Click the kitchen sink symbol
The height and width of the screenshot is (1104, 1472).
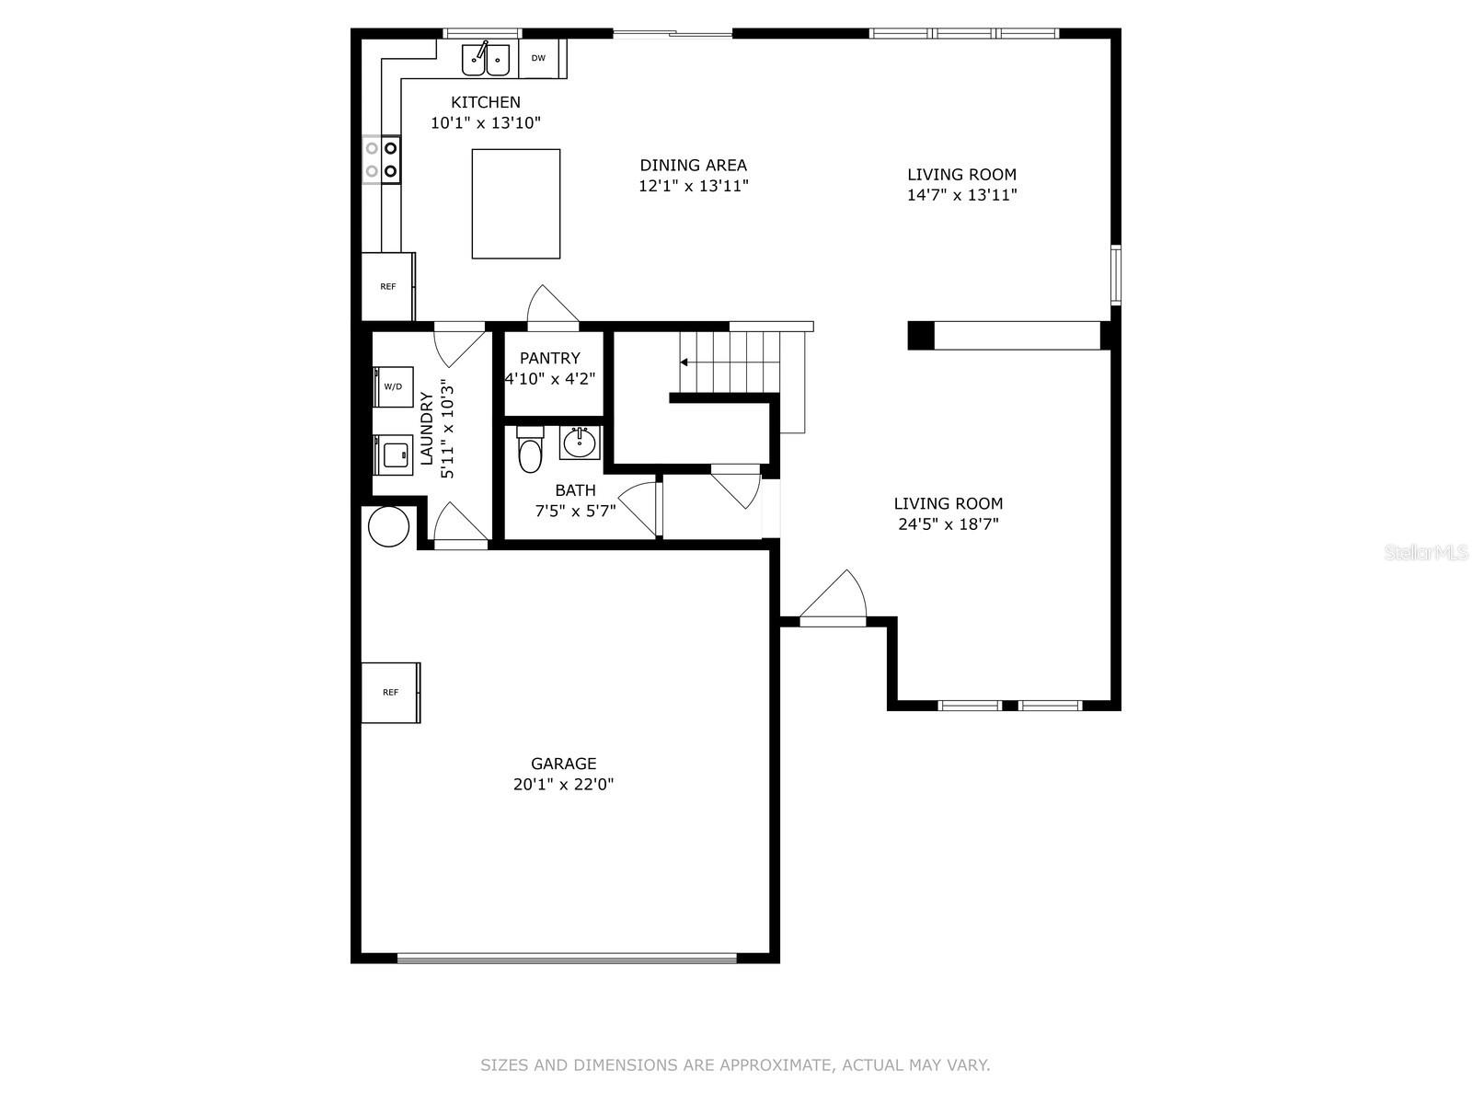486,59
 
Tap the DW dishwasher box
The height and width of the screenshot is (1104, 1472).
538,59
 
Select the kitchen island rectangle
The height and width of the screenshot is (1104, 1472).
515,203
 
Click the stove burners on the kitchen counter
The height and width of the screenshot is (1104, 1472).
381,159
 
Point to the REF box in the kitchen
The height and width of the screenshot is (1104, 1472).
388,287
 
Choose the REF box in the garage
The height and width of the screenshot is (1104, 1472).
390,692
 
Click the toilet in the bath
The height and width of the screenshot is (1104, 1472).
530,451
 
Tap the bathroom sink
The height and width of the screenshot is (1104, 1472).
580,443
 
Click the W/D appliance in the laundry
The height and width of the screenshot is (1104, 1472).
393,387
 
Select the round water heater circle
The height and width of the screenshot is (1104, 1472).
388,527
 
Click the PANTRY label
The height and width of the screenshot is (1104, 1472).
550,358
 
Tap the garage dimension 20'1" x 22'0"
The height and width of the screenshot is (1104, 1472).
563,785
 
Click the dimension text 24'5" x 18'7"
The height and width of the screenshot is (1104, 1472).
949,524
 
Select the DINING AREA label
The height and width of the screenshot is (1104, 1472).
694,166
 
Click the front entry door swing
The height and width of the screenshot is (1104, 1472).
835,598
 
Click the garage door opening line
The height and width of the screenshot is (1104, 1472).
567,958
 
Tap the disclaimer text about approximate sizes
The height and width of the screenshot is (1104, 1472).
735,1065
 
